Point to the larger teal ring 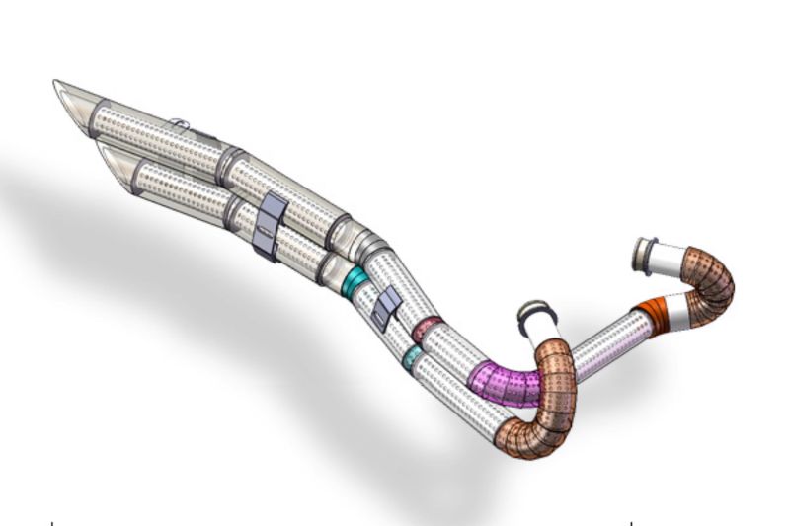tap(354, 279)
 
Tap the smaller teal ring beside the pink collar tap(411, 357)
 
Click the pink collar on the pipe tap(427, 330)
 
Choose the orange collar tap(653, 314)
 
